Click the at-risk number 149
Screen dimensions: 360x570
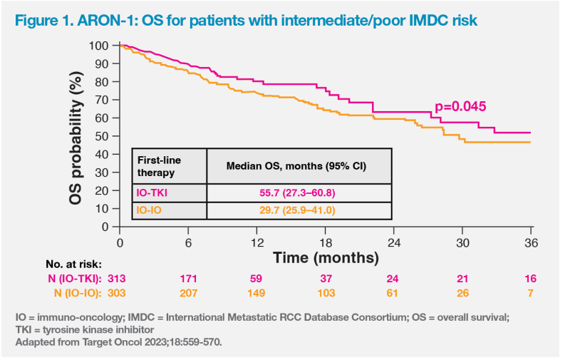[256, 293]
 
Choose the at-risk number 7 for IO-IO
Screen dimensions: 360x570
[531, 293]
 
